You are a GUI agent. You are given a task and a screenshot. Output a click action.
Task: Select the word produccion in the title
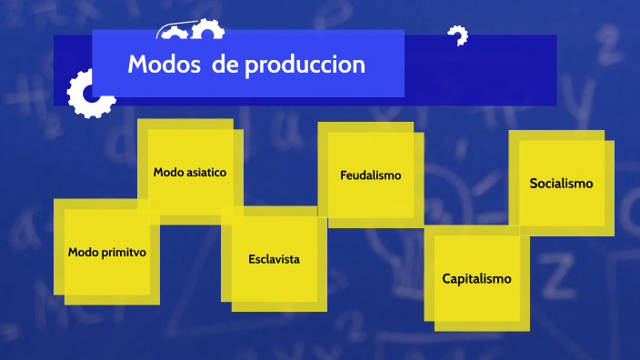point(305,65)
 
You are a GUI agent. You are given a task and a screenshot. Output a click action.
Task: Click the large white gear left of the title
point(88,94)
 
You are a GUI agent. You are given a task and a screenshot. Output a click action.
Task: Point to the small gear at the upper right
point(457,36)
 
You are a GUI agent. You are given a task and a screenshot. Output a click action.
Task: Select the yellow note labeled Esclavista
point(274,259)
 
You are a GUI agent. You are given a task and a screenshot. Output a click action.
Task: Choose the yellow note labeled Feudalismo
point(370,175)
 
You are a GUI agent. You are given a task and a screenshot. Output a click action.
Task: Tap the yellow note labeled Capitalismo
point(476,279)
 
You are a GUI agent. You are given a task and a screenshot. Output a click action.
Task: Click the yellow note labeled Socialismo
point(561,184)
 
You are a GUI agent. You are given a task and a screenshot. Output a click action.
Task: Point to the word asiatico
point(207,171)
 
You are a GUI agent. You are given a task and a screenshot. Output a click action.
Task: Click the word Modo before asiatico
point(169,171)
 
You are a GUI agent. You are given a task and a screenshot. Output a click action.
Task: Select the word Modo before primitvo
point(84,252)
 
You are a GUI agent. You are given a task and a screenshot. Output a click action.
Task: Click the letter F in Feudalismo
point(344,175)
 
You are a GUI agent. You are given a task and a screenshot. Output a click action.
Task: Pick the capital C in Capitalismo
point(446,278)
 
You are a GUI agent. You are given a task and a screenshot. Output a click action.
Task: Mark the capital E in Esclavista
point(252,259)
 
